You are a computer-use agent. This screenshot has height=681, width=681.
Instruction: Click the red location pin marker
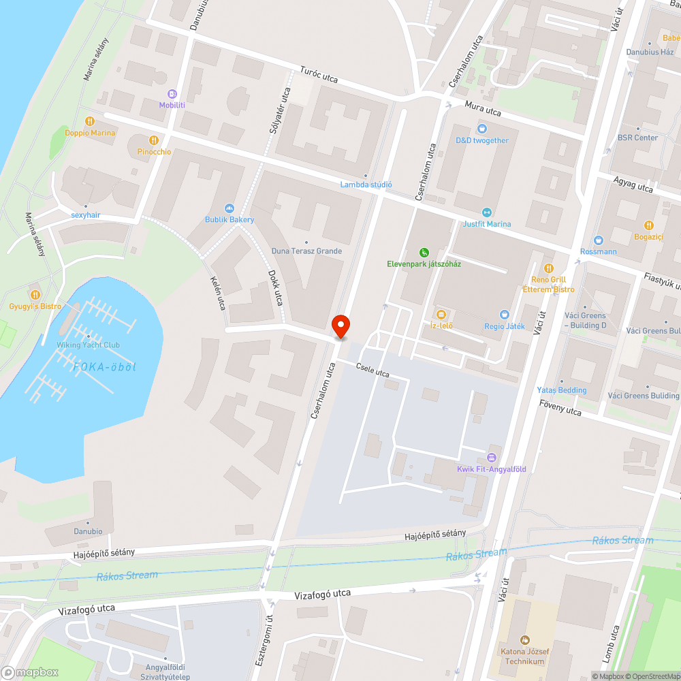[x=340, y=326]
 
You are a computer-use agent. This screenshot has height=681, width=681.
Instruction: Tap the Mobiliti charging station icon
[x=172, y=94]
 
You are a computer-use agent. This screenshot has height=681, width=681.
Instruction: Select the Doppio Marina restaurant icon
[x=90, y=122]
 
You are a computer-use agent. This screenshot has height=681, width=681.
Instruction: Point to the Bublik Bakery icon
[x=229, y=208]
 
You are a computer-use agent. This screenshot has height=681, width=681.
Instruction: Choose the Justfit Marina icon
[x=486, y=212]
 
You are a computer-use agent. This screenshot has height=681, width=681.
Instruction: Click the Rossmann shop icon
[x=599, y=240]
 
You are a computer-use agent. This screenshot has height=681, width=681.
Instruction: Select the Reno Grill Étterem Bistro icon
[x=549, y=268]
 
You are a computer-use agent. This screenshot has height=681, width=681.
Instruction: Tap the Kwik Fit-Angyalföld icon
[x=492, y=458]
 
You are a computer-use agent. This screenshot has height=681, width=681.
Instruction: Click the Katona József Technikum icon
[x=524, y=640]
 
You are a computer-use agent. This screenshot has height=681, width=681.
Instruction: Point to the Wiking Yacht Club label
[x=88, y=345]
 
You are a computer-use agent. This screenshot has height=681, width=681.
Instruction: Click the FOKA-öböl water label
[x=105, y=367]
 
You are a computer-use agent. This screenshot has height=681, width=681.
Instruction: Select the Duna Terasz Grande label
[x=306, y=251]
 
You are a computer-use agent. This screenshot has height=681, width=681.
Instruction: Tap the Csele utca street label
[x=372, y=370]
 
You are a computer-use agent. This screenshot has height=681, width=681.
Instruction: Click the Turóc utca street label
[x=319, y=76]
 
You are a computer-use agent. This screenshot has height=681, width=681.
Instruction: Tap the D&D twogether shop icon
[x=482, y=129]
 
